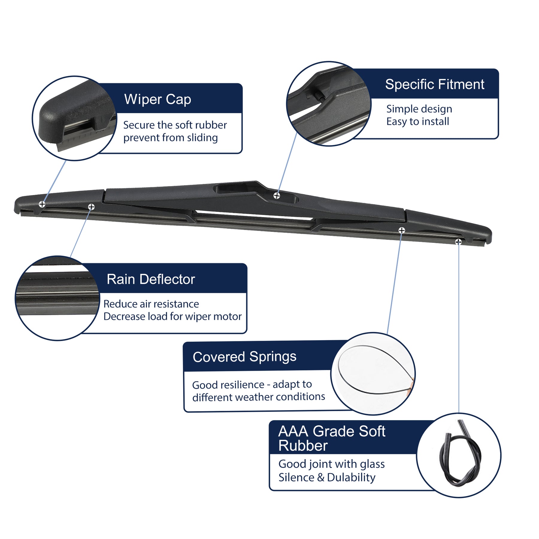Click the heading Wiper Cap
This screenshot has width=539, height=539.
(x=158, y=99)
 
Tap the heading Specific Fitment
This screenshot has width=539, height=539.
(x=434, y=84)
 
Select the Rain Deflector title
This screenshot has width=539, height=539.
(x=151, y=279)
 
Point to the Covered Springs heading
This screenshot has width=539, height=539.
(x=244, y=357)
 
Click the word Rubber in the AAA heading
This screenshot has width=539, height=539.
(x=303, y=446)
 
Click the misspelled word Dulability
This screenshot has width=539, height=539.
(x=351, y=477)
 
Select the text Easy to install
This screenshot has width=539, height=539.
(x=417, y=122)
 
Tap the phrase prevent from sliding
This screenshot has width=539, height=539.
(x=170, y=138)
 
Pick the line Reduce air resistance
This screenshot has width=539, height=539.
(x=151, y=304)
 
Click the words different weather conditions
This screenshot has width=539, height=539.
(x=258, y=397)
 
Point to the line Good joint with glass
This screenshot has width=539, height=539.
(x=331, y=464)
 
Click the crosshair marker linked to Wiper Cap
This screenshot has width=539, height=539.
(x=42, y=204)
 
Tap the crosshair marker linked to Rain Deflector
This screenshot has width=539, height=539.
(x=91, y=207)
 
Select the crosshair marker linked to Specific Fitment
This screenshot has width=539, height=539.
(x=277, y=196)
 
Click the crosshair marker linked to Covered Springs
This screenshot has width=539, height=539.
(x=402, y=230)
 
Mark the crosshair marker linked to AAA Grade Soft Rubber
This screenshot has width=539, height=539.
(x=458, y=242)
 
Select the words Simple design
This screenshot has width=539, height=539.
(x=419, y=109)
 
